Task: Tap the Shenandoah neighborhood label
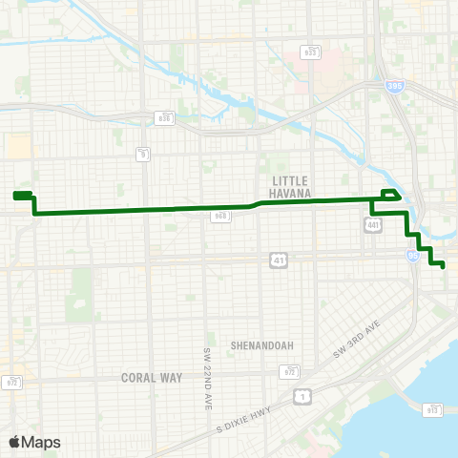(261, 345)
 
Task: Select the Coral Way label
(152, 378)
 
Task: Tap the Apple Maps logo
(34, 442)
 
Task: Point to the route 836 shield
(165, 117)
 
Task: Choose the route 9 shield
(142, 152)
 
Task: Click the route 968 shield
(219, 217)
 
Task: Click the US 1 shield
(303, 394)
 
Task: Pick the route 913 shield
(433, 409)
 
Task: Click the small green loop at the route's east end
(389, 196)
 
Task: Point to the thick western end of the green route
(23, 196)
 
